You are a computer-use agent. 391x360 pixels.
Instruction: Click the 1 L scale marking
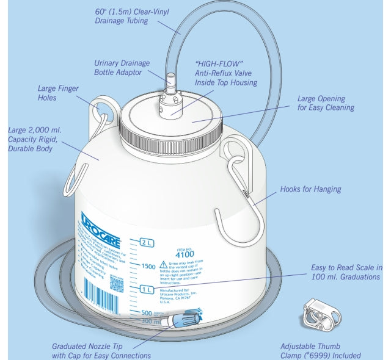pos(145,289)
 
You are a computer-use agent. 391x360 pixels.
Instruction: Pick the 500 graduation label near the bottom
pos(147,312)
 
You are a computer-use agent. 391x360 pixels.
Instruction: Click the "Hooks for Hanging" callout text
pos(310,189)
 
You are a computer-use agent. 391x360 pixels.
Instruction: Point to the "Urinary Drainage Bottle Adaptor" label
pos(118,68)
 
